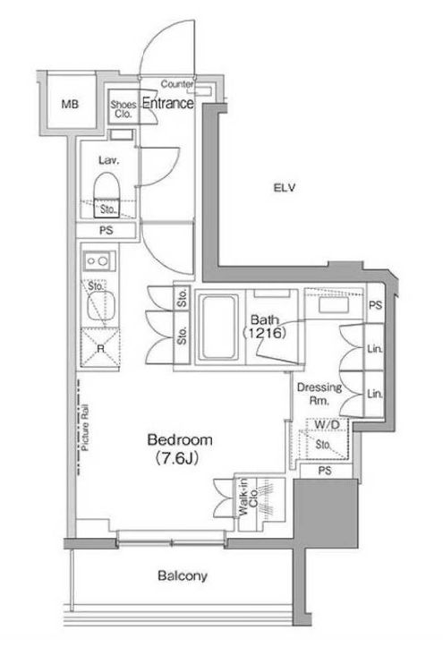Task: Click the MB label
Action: coord(70,105)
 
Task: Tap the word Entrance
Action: coord(168,103)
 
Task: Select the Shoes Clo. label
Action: coord(124,109)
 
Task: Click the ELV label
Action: coord(285,188)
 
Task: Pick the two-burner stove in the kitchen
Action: coord(98,260)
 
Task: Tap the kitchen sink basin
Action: coord(100,306)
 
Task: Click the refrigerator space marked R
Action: coord(100,348)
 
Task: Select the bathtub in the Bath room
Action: coord(219,327)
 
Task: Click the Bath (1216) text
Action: coord(264,326)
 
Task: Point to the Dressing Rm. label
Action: coord(319,393)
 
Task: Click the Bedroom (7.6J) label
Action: coord(180,448)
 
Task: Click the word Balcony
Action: coord(183,575)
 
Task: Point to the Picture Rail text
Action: coord(85,428)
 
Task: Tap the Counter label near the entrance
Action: coord(177,84)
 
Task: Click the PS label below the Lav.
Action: coord(106,230)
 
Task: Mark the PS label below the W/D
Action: coord(325,471)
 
